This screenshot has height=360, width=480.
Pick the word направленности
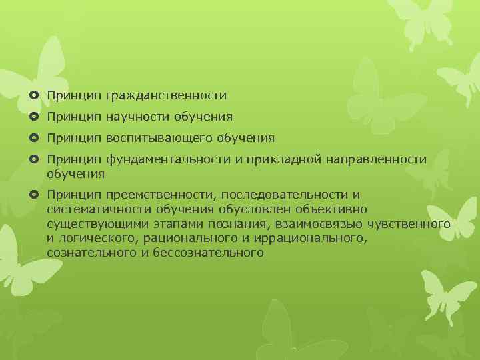point(377,160)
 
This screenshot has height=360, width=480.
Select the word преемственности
point(161,194)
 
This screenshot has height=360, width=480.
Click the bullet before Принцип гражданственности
point(35,97)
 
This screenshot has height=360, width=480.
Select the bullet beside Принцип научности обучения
point(35,117)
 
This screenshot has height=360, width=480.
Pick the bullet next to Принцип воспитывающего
point(35,139)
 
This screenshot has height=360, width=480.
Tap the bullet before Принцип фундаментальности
point(35,160)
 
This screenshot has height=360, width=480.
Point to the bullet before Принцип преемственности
point(35,195)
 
